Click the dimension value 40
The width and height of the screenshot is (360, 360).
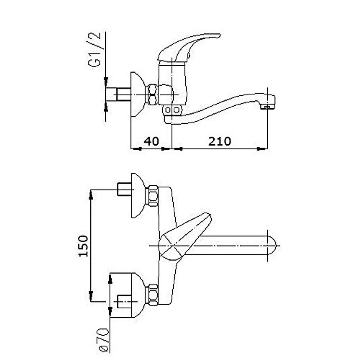151,141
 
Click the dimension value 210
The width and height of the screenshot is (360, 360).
220,141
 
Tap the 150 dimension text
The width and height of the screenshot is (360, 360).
83,246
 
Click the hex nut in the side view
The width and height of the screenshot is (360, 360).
153,95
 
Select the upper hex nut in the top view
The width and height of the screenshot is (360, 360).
153,196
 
